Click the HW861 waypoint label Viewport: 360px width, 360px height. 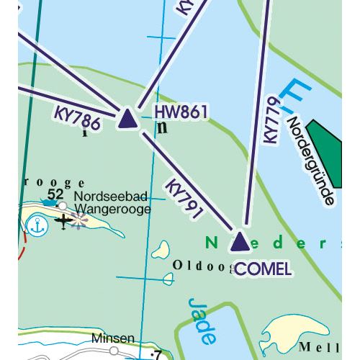click(181, 112)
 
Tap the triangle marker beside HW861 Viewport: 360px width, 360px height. click(127, 119)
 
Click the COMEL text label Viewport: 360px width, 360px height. click(264, 269)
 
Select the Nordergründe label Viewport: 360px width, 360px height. click(310, 158)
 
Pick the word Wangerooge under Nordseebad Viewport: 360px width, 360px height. click(112, 209)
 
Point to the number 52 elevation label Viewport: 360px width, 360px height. click(55, 194)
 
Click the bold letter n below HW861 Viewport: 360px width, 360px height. click(162, 127)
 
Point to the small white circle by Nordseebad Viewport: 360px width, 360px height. click(63, 206)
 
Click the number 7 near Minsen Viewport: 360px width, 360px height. click(157, 354)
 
